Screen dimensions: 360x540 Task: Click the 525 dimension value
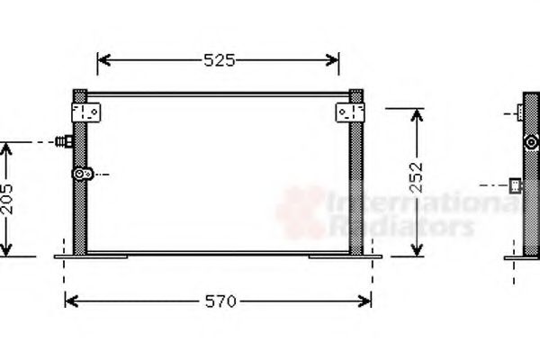218,60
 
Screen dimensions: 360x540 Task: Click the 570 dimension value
218,301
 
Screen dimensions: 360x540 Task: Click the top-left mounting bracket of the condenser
87,112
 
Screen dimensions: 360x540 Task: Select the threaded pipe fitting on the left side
63,141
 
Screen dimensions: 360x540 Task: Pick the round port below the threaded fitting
82,173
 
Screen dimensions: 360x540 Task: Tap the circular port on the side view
532,141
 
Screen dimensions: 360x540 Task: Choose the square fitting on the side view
517,185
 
